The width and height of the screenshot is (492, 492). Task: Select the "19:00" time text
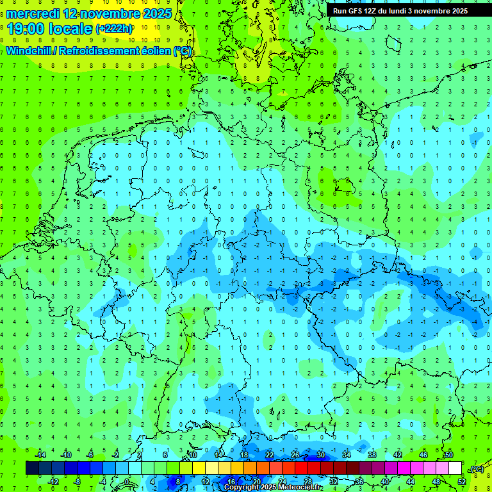[29, 28]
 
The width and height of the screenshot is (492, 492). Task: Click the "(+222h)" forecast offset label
[114, 29]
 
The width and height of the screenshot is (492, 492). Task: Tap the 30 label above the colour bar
[321, 455]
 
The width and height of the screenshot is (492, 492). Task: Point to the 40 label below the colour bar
[385, 481]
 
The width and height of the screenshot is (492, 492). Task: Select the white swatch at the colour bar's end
[455, 468]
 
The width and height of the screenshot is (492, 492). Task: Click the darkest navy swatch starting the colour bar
[32, 468]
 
